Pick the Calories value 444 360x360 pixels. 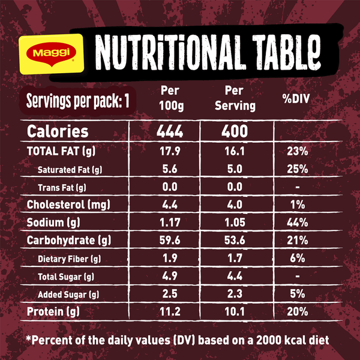tap(170, 131)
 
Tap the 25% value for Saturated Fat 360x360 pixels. tap(296, 169)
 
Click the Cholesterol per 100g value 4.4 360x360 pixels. tap(170, 205)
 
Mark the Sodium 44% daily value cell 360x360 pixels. tap(296, 223)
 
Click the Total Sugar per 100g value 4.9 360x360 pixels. tap(170, 277)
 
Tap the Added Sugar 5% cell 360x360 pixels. tap(296, 294)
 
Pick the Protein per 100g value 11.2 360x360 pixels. tap(170, 312)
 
